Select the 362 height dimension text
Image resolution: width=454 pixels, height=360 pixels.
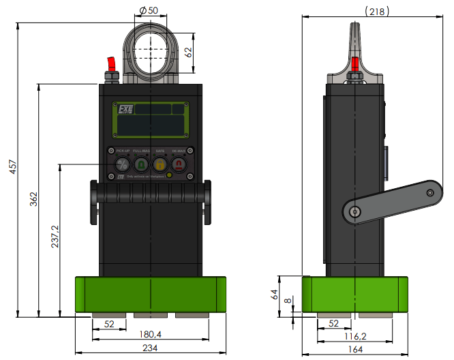click(34, 200)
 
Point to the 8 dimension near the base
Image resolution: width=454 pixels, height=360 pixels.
click(287, 299)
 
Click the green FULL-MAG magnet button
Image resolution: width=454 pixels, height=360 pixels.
click(141, 164)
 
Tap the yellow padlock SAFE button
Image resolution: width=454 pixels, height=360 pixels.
click(160, 164)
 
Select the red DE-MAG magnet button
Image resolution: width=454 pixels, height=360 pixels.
click(178, 164)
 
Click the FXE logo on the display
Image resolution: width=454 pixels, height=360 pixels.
click(125, 109)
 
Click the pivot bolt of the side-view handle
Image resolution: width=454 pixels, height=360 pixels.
click(352, 213)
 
